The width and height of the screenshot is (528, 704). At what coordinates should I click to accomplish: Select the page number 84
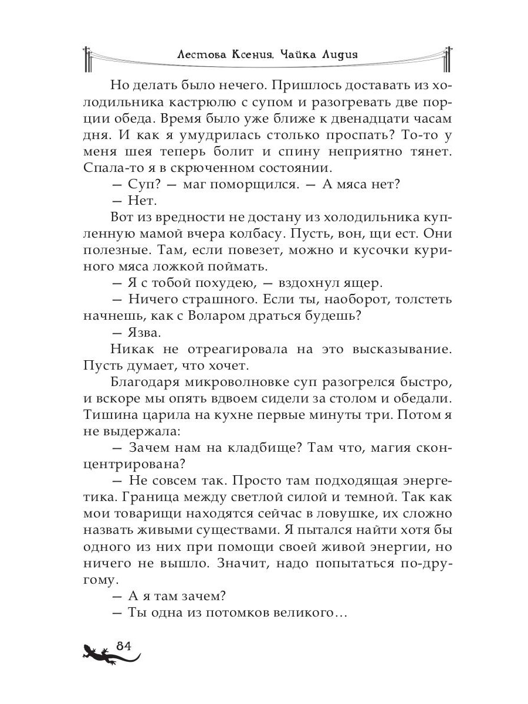pyautogui.click(x=123, y=645)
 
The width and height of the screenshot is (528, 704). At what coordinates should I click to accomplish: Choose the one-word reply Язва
pyautogui.click(x=144, y=333)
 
